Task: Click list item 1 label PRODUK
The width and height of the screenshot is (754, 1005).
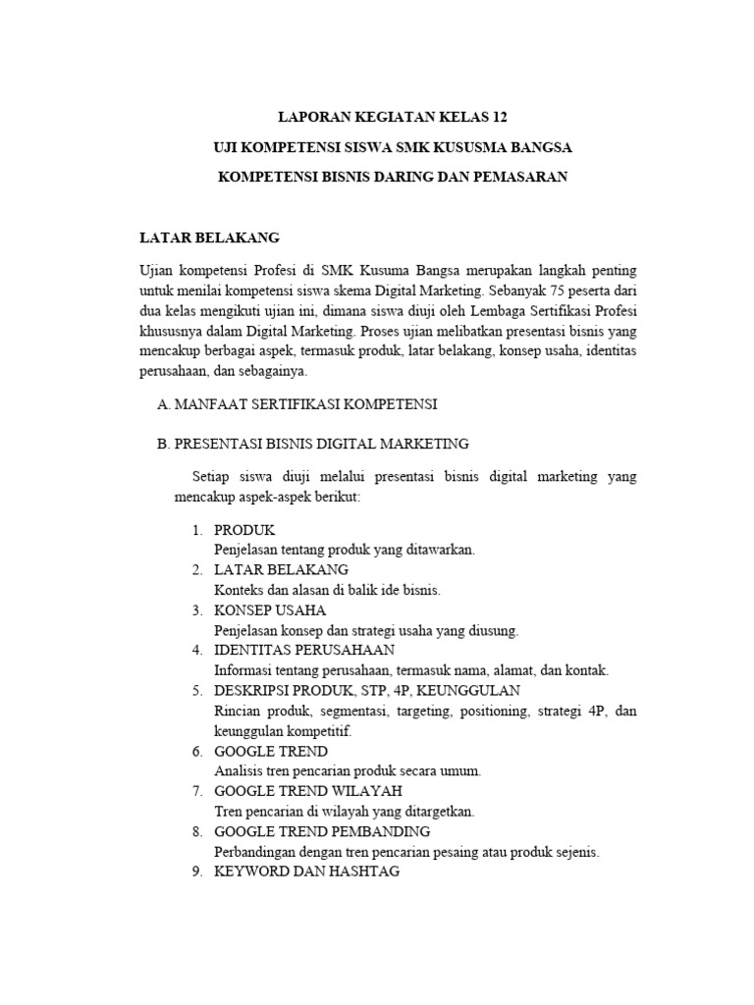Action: (244, 530)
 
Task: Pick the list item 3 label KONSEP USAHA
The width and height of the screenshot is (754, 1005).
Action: (270, 610)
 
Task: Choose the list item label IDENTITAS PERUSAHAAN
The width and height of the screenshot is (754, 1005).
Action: (304, 651)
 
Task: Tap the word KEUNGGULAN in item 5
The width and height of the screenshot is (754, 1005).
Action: (475, 691)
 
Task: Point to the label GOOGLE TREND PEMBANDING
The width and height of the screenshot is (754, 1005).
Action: (322, 831)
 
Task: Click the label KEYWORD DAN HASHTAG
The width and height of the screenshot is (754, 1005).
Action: (306, 872)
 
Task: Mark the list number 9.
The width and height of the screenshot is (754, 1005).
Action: (196, 872)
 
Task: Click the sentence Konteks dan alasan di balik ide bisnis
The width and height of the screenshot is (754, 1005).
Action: (328, 590)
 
